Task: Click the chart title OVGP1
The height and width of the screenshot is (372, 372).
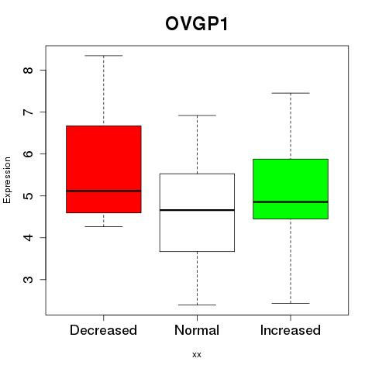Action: [x=197, y=24]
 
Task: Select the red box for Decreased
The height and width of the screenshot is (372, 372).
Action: [x=104, y=169]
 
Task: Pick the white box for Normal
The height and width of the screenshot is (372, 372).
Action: [x=197, y=212]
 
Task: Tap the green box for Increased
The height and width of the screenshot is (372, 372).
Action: [x=291, y=189]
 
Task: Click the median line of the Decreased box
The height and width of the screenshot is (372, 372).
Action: [x=104, y=191]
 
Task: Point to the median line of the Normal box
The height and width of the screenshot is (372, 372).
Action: [x=197, y=210]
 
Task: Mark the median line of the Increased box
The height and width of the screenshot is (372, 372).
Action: [x=291, y=202]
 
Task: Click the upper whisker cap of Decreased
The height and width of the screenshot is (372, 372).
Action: [x=104, y=56]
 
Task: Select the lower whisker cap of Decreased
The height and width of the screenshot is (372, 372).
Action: [x=104, y=226]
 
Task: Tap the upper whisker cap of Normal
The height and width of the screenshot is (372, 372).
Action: [x=197, y=115]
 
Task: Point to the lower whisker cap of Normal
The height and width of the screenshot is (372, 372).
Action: [x=197, y=305]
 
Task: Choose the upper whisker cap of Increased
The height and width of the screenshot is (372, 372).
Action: [x=291, y=93]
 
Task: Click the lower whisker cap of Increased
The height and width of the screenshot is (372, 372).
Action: [x=291, y=303]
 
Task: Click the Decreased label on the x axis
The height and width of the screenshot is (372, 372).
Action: [x=103, y=330]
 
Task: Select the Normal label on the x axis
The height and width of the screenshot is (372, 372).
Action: [x=197, y=330]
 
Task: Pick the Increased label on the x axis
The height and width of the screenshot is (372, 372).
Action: [x=291, y=330]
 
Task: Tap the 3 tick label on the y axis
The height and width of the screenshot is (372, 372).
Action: [x=28, y=280]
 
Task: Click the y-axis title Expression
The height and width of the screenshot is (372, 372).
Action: [x=7, y=180]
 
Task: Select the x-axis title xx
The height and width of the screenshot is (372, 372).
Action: [x=197, y=355]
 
